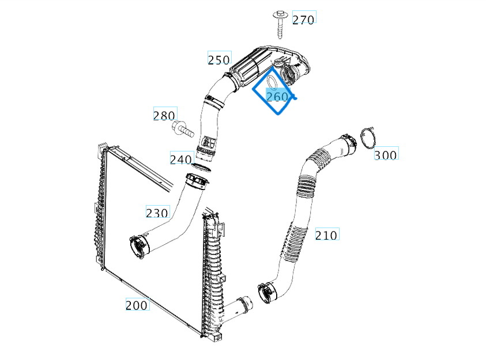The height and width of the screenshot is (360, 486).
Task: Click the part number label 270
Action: [303, 20]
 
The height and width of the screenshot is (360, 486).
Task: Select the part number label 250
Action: [219, 59]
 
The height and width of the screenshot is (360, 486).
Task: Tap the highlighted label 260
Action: [277, 97]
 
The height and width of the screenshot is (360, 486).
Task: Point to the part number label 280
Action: [164, 116]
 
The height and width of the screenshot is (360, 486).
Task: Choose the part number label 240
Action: [181, 159]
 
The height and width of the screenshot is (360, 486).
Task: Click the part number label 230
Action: [157, 213]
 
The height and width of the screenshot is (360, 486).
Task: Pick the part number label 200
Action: [137, 305]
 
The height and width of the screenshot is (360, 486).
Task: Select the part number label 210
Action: [326, 235]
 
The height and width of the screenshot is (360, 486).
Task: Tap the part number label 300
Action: [386, 155]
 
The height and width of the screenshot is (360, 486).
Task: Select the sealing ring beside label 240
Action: [199, 168]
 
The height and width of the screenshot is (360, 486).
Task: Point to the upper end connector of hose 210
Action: [347, 143]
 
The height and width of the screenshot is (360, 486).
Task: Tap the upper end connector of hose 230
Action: [198, 181]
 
